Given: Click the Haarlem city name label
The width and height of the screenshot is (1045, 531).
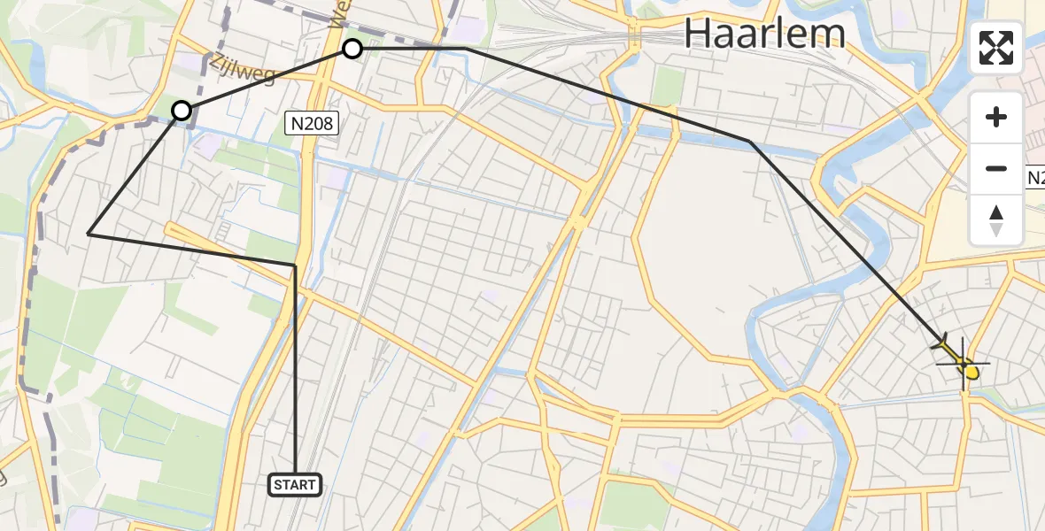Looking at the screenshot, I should click(764, 34).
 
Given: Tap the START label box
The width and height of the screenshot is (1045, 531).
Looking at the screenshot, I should click(295, 484).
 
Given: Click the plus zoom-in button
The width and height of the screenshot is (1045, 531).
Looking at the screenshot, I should click(996, 117).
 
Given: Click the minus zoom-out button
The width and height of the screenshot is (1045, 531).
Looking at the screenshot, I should click(996, 168).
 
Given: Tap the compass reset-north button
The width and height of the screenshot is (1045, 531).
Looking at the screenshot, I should click(996, 220).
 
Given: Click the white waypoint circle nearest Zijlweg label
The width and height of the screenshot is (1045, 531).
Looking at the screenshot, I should click(182, 111).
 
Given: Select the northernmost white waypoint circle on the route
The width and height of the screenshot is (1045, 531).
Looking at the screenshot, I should click(352, 49).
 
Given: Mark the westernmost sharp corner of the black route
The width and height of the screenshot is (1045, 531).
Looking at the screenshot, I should click(89, 234).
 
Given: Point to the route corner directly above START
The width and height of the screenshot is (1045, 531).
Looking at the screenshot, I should click(295, 265).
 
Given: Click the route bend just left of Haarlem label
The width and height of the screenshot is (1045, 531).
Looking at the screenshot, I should click(467, 49).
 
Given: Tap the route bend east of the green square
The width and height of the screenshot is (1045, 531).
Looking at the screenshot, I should click(749, 141).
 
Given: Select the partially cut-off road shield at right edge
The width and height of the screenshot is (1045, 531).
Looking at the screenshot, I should click(1036, 179).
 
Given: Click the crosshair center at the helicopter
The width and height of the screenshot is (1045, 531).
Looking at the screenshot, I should click(963, 363).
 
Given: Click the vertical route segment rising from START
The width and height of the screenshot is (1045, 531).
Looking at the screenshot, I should click(295, 372).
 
